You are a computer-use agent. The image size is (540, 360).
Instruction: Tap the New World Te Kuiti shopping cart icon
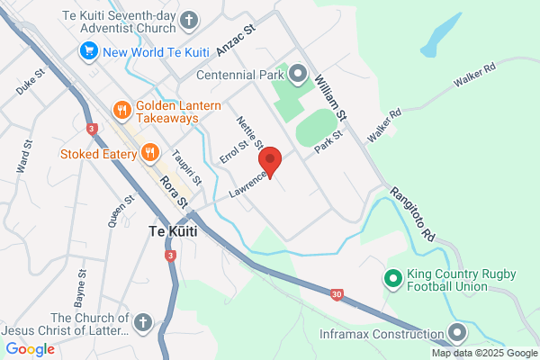click(88, 51)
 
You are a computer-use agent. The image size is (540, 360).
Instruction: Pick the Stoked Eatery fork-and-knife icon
click(149, 153)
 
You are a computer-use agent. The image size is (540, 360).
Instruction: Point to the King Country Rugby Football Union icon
click(392, 279)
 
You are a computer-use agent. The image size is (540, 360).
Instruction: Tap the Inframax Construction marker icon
click(458, 334)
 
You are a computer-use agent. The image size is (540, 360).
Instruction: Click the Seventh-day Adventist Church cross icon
click(189, 19)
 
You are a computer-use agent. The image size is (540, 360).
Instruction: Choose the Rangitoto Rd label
click(413, 213)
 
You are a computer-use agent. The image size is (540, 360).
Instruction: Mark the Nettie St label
click(249, 133)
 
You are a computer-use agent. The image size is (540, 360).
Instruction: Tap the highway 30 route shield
click(335, 293)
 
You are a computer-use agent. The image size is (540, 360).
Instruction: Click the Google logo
click(30, 349)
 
